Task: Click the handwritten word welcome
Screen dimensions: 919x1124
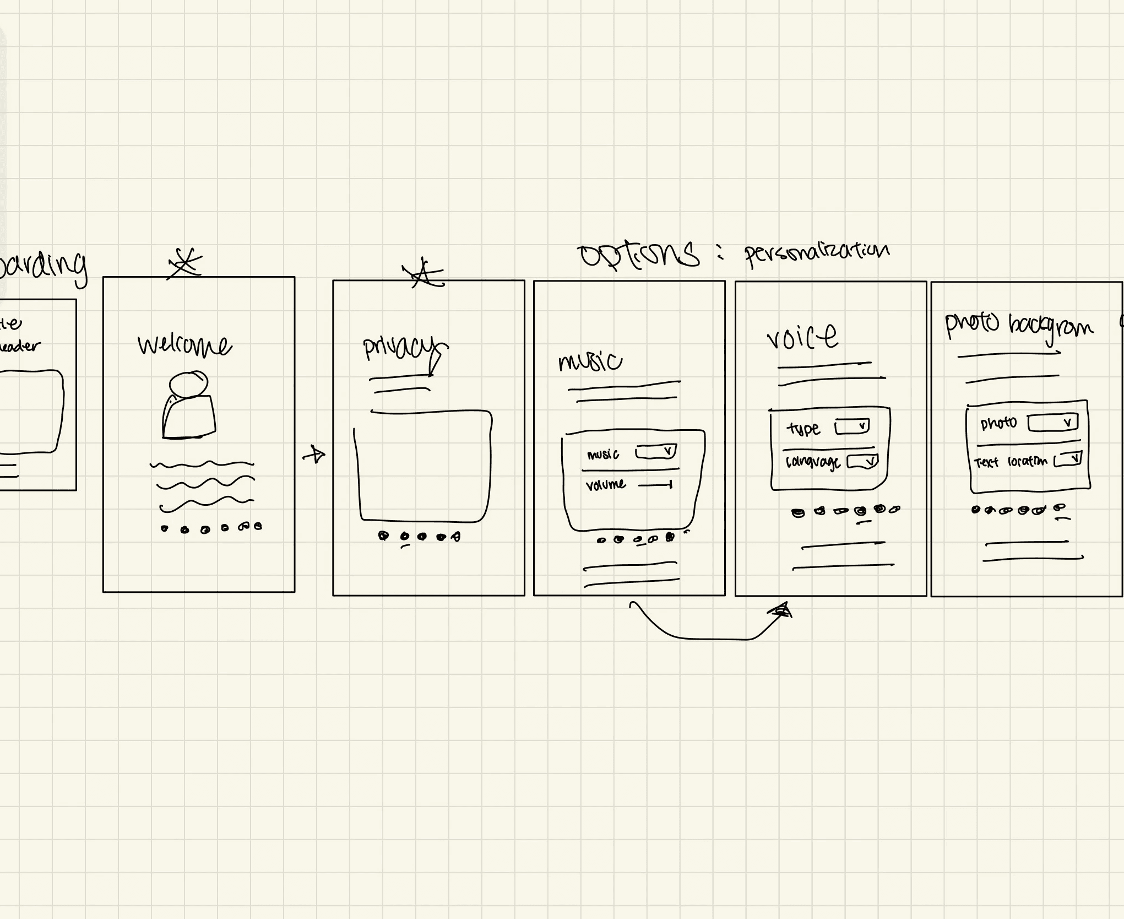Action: click(184, 345)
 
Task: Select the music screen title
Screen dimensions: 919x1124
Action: click(590, 361)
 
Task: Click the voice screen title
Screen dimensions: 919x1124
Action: click(802, 336)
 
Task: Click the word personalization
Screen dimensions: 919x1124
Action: click(817, 253)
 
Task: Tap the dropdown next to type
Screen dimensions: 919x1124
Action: click(852, 426)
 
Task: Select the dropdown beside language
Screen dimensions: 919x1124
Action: click(862, 461)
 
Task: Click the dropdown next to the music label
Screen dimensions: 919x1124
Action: click(655, 452)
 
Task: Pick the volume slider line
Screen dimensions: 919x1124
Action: click(655, 485)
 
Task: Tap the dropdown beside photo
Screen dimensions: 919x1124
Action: click(1052, 423)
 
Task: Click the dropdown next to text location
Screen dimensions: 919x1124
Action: click(1068, 459)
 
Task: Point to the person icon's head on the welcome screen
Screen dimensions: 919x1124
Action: click(188, 383)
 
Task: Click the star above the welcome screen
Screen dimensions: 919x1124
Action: click(185, 263)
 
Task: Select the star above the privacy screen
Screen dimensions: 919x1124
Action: click(422, 273)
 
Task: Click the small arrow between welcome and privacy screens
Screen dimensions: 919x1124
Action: click(314, 455)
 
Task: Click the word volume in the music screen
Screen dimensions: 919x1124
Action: click(605, 485)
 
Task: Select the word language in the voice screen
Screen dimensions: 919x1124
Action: click(812, 462)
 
